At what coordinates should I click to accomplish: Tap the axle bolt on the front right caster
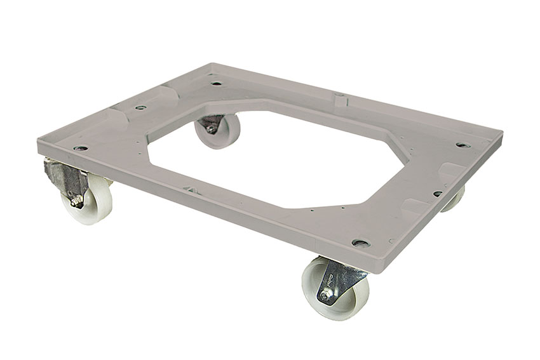328,296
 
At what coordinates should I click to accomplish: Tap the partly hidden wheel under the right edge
454,200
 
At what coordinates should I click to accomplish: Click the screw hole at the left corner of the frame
81,148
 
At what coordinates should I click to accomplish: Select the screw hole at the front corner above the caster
360,243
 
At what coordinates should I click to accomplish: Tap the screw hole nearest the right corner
463,145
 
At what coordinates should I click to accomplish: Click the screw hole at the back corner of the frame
217,83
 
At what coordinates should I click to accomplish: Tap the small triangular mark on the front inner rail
189,188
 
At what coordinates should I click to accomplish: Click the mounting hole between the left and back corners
141,107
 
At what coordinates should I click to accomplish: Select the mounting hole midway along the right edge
437,193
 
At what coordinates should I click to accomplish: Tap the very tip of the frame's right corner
503,135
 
